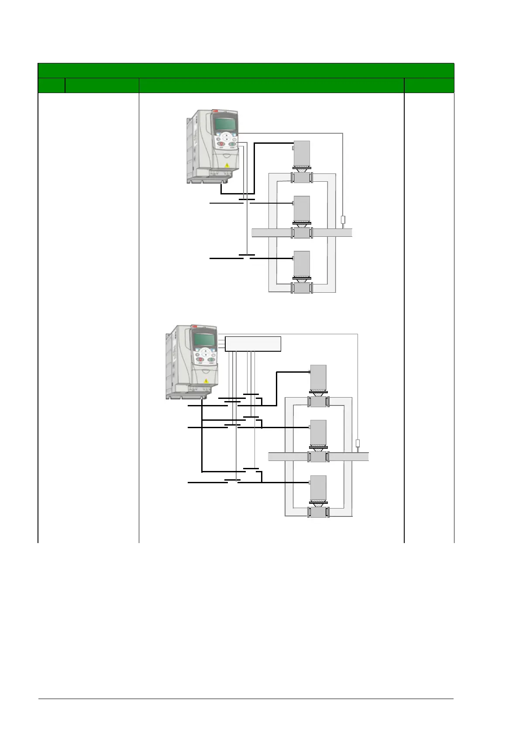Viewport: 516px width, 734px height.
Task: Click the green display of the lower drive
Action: [204, 340]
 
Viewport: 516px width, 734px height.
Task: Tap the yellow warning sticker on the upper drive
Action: [226, 165]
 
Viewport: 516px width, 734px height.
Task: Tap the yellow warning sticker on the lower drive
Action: [205, 381]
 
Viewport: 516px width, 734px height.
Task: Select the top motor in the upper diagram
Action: [302, 153]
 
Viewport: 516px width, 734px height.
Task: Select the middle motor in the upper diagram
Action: [302, 208]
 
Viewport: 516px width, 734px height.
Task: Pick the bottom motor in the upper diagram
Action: [302, 263]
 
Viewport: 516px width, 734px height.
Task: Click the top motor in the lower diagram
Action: [318, 377]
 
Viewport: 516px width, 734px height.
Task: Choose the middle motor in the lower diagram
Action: [318, 433]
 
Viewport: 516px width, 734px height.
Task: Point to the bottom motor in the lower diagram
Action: [318, 488]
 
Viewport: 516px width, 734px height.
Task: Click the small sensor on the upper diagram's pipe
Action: [343, 220]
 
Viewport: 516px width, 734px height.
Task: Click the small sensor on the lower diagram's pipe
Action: [358, 443]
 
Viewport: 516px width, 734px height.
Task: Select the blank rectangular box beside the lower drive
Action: [253, 344]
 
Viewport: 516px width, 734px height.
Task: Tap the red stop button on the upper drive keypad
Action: [221, 144]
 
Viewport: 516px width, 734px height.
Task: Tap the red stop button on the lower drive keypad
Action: [200, 360]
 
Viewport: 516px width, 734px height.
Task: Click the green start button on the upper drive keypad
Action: [232, 144]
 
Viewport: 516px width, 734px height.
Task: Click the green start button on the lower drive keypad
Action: [210, 360]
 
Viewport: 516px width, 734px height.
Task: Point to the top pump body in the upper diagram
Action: [302, 178]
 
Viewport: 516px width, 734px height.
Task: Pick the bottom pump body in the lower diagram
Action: [318, 512]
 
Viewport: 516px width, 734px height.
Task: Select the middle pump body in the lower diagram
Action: [318, 457]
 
